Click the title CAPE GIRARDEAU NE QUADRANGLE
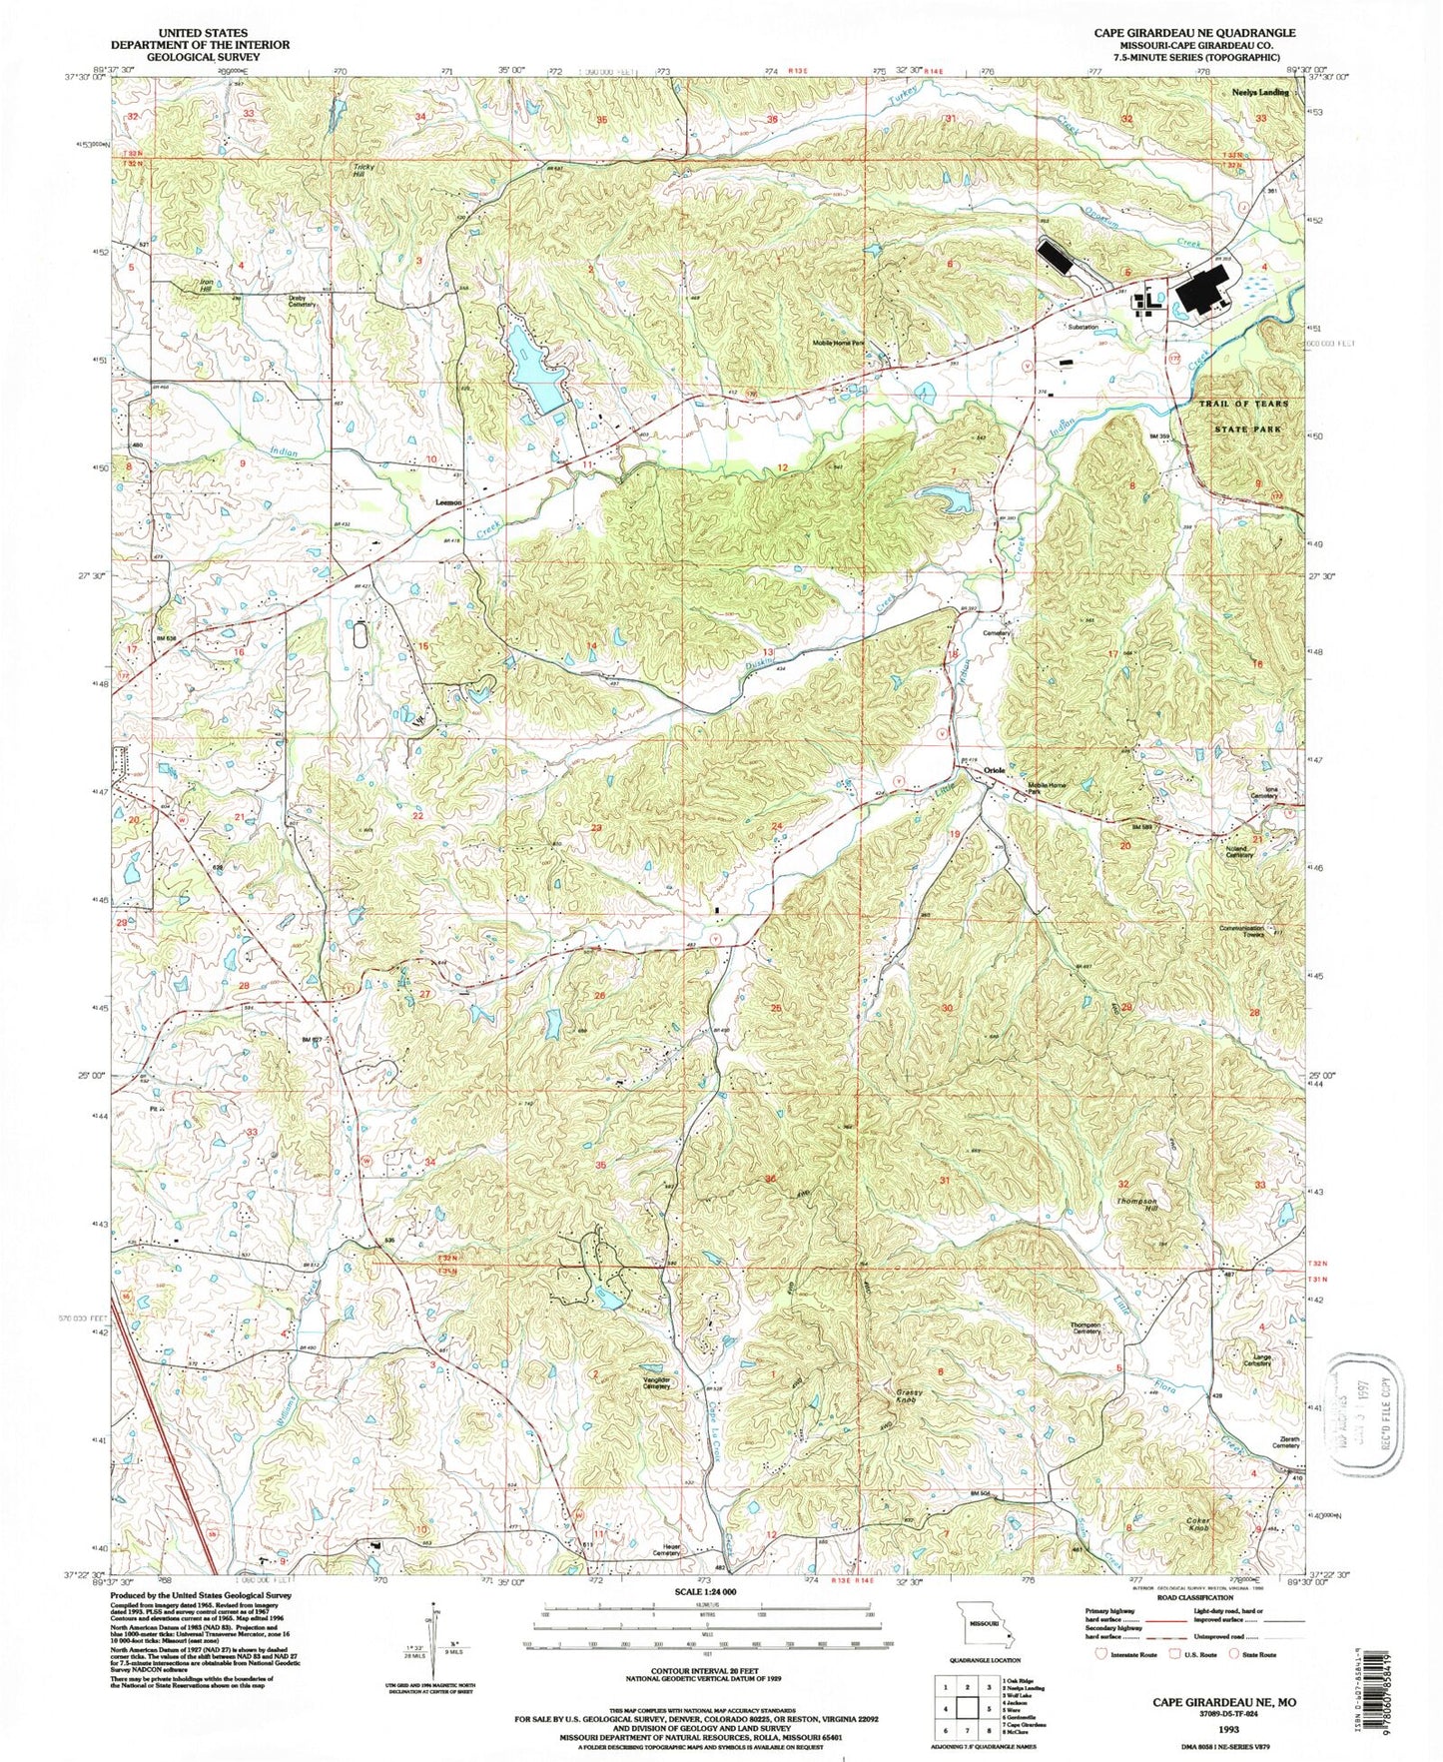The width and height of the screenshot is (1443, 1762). click(1194, 33)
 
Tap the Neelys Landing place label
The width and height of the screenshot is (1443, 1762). click(1259, 92)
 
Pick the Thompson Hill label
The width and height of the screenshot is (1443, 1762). click(1136, 1205)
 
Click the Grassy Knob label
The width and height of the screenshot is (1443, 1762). click(908, 1395)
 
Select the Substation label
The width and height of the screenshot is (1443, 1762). click(1082, 327)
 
